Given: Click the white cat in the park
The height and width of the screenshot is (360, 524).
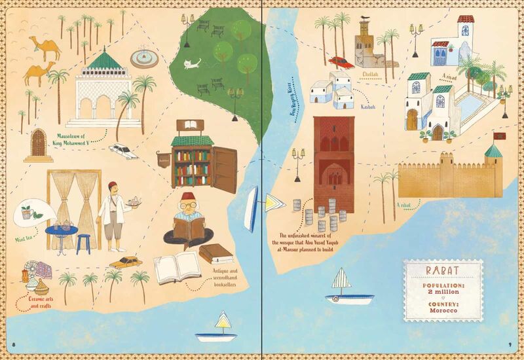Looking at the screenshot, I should click(190, 64).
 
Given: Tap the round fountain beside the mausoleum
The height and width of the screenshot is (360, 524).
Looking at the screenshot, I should click(144, 58).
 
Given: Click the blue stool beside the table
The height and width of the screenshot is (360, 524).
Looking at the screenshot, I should click(83, 243).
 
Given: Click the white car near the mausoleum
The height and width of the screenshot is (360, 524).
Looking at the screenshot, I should click(123, 151).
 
